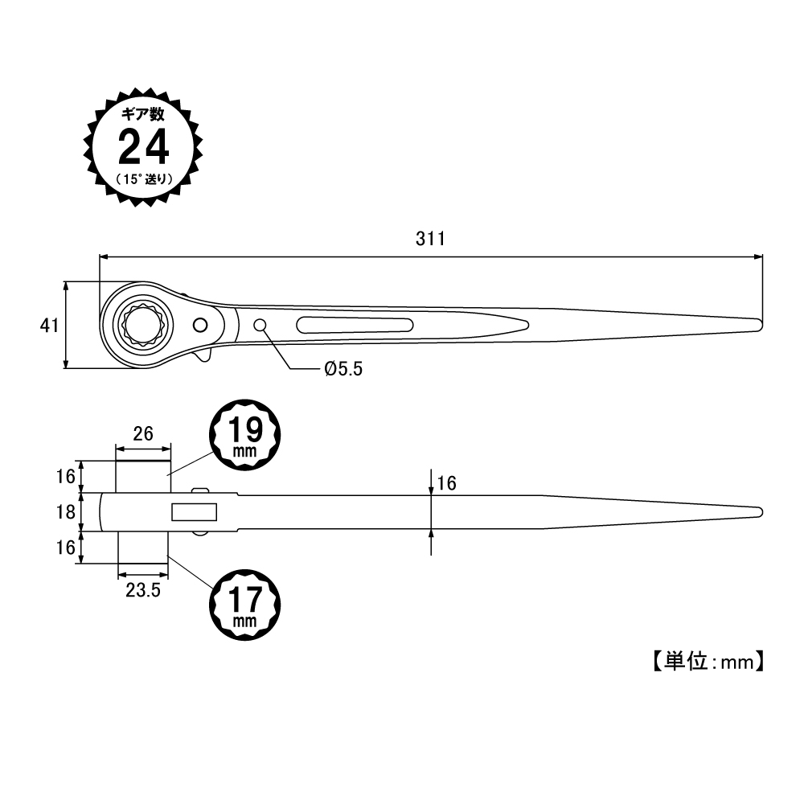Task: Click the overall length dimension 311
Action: tap(430, 239)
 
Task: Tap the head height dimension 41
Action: tap(49, 326)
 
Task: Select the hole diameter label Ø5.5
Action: tap(343, 369)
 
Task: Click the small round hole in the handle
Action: tap(260, 325)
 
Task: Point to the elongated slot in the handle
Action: tap(355, 325)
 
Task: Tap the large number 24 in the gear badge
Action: tap(144, 147)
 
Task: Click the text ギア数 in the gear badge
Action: tap(143, 114)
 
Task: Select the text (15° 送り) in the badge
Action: tap(144, 179)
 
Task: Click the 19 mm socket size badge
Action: tap(245, 435)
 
